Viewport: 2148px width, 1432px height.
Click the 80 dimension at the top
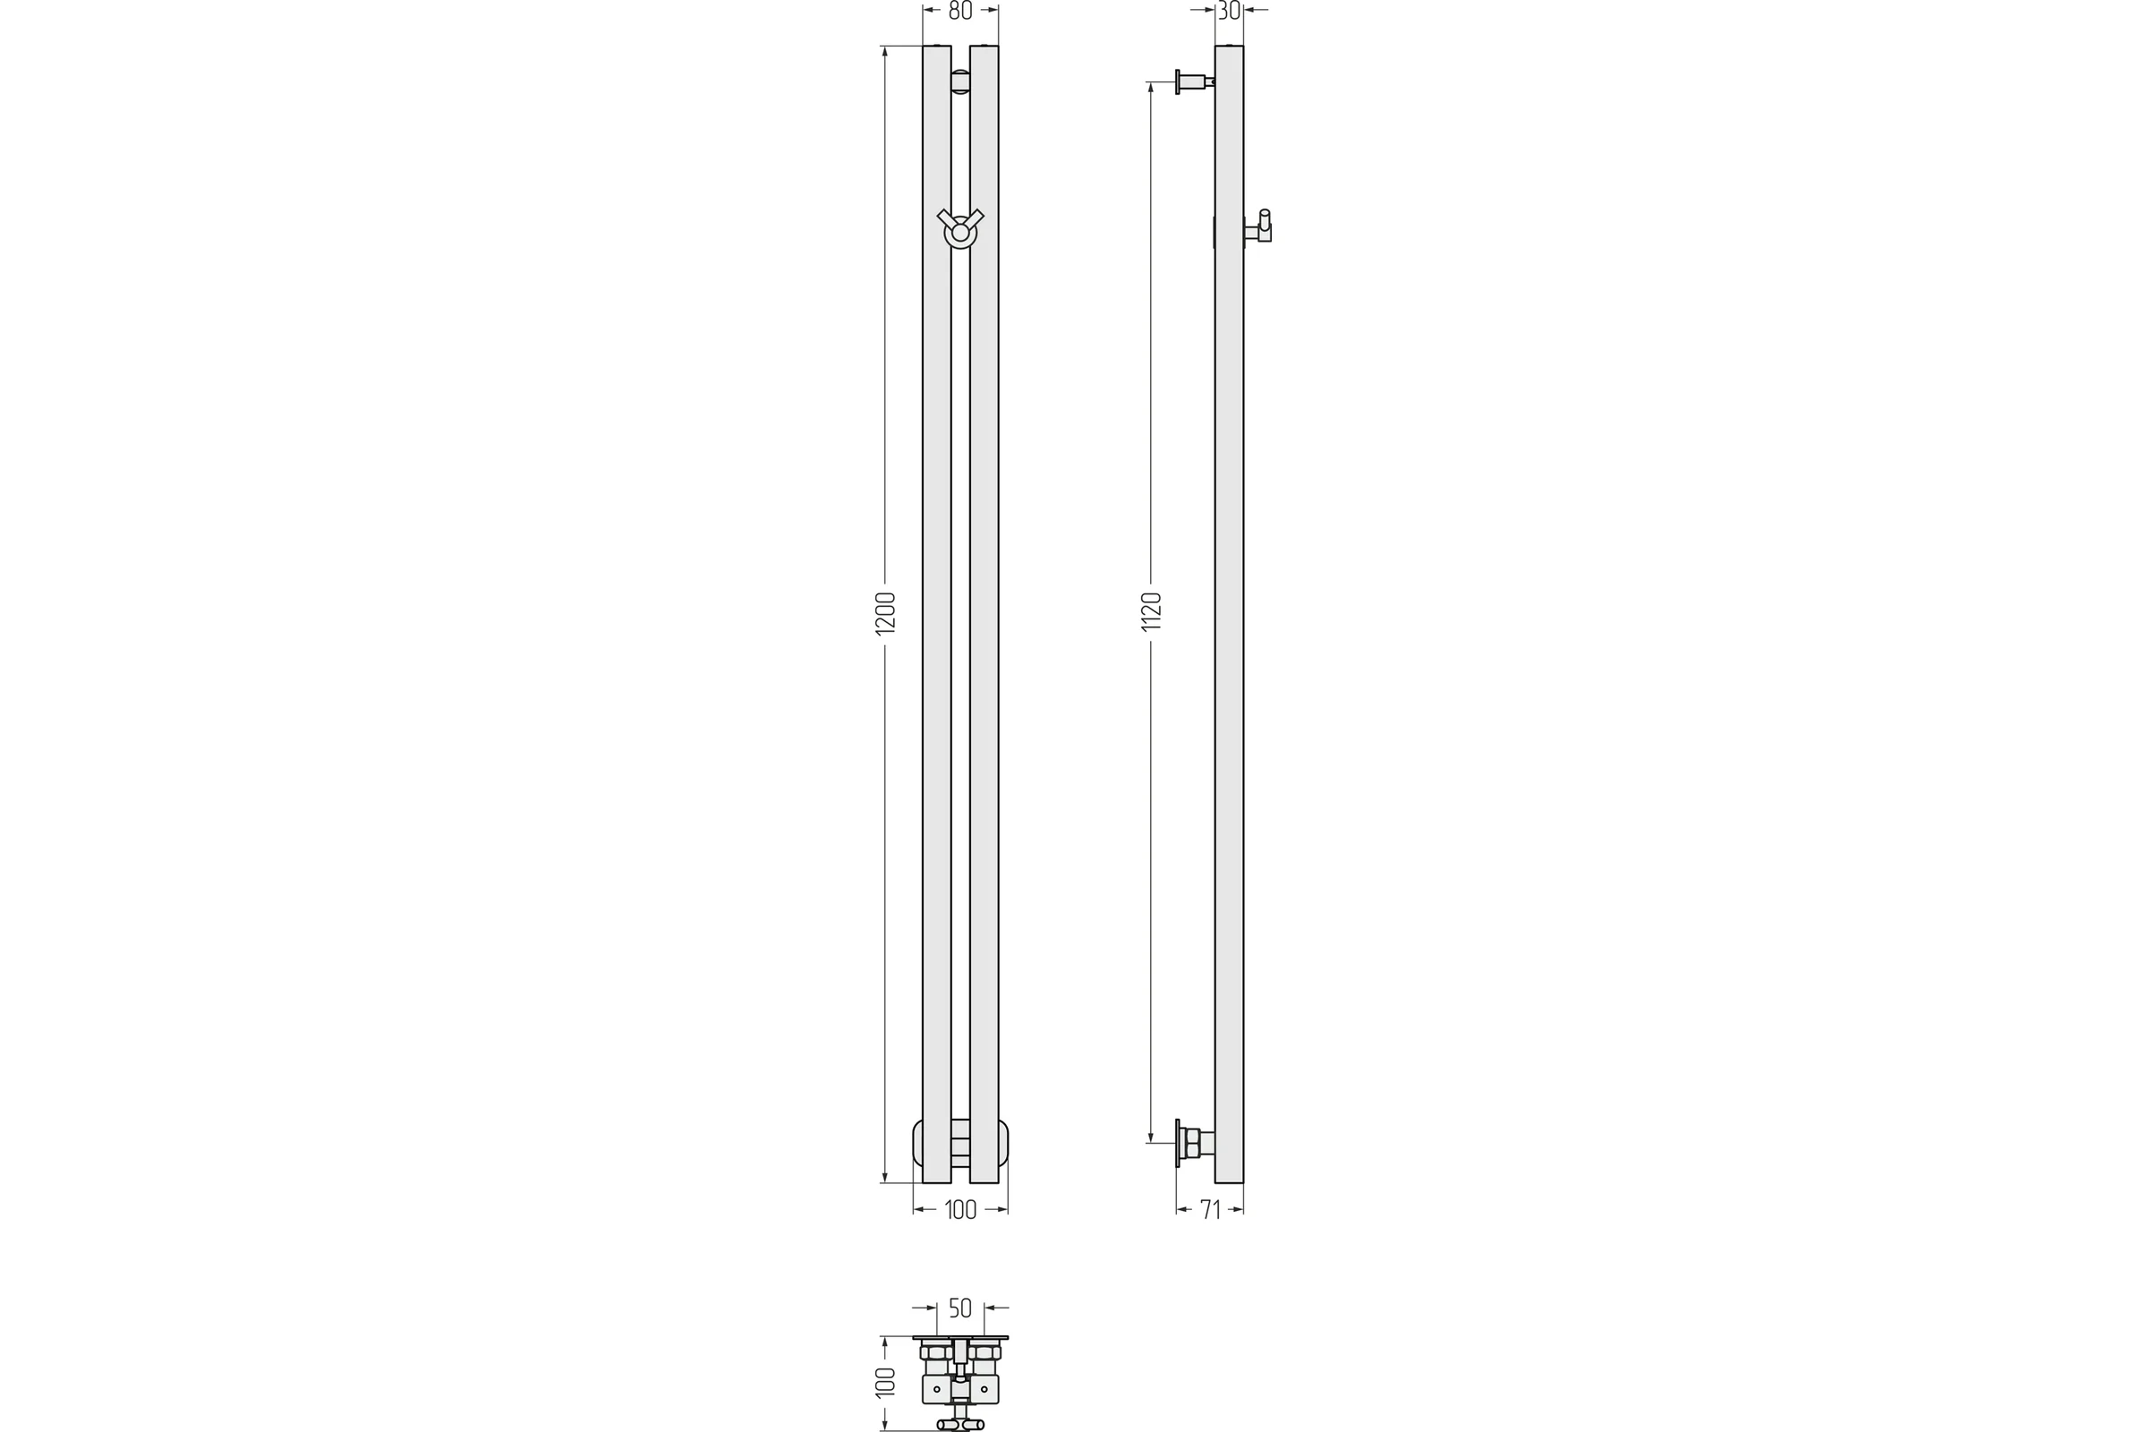tap(959, 10)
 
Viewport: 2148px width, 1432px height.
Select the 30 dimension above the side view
tap(1229, 10)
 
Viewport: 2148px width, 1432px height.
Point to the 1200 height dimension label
tap(885, 613)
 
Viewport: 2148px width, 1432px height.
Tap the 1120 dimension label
tap(1151, 611)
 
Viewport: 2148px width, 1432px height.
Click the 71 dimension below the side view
tap(1210, 1210)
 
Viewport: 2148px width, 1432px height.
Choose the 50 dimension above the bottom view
tap(959, 1308)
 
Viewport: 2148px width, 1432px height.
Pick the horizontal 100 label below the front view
tap(959, 1210)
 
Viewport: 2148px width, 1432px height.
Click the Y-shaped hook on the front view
tap(960, 228)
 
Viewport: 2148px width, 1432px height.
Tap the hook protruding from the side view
tap(1260, 226)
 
